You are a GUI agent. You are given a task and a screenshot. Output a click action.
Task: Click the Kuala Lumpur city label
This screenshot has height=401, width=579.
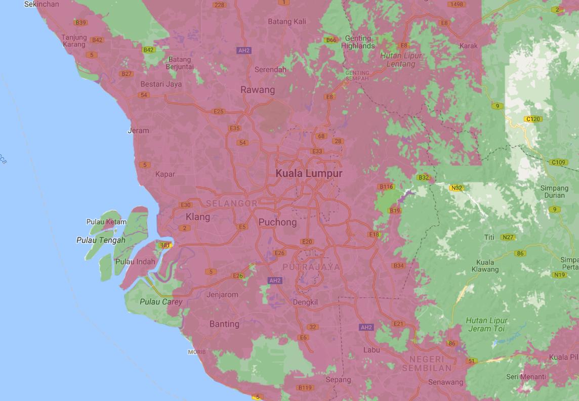(309, 173)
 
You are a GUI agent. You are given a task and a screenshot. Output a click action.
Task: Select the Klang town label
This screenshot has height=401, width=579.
(197, 217)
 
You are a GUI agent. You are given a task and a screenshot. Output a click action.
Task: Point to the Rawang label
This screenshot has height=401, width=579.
(258, 90)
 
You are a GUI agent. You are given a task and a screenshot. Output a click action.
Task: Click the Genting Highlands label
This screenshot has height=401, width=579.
(358, 42)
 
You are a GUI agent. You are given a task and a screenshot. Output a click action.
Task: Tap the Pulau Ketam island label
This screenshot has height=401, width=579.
(106, 222)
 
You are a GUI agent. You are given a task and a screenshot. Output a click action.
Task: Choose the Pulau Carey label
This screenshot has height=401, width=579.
(161, 302)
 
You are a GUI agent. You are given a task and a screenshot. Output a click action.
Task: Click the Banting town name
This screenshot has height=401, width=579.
(224, 324)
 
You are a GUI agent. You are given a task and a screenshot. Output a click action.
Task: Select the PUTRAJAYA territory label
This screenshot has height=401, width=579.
(311, 266)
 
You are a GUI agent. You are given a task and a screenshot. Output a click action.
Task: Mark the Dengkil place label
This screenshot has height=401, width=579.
(305, 302)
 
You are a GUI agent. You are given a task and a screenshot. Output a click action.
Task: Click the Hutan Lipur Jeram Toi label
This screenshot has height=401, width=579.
(486, 324)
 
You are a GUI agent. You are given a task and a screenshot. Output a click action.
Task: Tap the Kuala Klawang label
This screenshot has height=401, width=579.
(484, 265)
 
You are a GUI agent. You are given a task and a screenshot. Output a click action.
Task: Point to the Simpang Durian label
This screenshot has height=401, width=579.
(555, 192)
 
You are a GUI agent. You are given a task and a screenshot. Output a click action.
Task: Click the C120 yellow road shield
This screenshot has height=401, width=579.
(533, 119)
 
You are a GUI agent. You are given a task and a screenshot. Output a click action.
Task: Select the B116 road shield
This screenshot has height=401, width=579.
(386, 187)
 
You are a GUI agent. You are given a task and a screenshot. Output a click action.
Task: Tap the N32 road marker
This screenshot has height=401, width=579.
(456, 188)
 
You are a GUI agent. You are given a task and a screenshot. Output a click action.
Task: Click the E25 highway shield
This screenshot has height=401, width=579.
(219, 111)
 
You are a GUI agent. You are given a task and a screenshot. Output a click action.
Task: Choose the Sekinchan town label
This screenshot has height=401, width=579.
(43, 4)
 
